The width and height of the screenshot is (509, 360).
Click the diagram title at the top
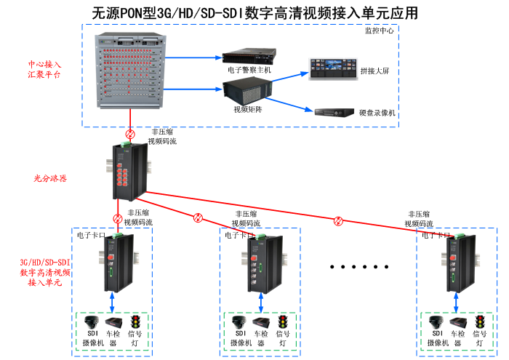[255, 12]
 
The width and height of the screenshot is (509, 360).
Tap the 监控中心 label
[381, 31]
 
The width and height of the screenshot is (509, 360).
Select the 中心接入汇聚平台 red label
[44, 69]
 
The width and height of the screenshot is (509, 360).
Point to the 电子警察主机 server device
[249, 55]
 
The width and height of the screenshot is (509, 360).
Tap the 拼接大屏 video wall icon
[330, 68]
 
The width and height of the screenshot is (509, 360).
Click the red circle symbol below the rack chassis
[131, 133]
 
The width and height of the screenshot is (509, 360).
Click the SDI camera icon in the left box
[92, 322]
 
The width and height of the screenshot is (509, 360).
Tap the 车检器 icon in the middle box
[260, 323]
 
